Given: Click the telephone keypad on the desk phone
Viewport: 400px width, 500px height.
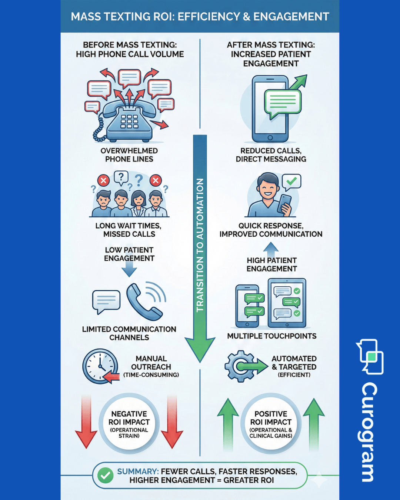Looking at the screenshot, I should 129,121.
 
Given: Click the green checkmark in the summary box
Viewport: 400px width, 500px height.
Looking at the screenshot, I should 106,475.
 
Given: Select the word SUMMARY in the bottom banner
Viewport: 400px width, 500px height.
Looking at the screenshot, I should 137,471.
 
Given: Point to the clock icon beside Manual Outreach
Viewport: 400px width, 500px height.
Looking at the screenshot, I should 99,366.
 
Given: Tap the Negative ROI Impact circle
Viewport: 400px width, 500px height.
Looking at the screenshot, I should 129,424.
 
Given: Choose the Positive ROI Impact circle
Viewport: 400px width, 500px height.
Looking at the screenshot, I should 271,424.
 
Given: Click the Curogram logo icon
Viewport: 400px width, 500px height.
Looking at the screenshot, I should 370,356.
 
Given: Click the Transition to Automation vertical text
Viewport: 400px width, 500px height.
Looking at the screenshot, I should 200,245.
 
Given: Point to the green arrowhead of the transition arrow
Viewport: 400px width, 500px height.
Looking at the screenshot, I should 200,348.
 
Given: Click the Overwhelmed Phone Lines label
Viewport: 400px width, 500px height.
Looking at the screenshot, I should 129,155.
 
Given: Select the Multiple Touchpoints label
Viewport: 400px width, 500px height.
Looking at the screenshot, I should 272,336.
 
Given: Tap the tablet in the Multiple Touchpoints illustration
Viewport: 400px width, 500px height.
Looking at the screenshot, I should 287,303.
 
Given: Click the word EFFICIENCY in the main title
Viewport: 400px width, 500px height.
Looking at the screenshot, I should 209,17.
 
